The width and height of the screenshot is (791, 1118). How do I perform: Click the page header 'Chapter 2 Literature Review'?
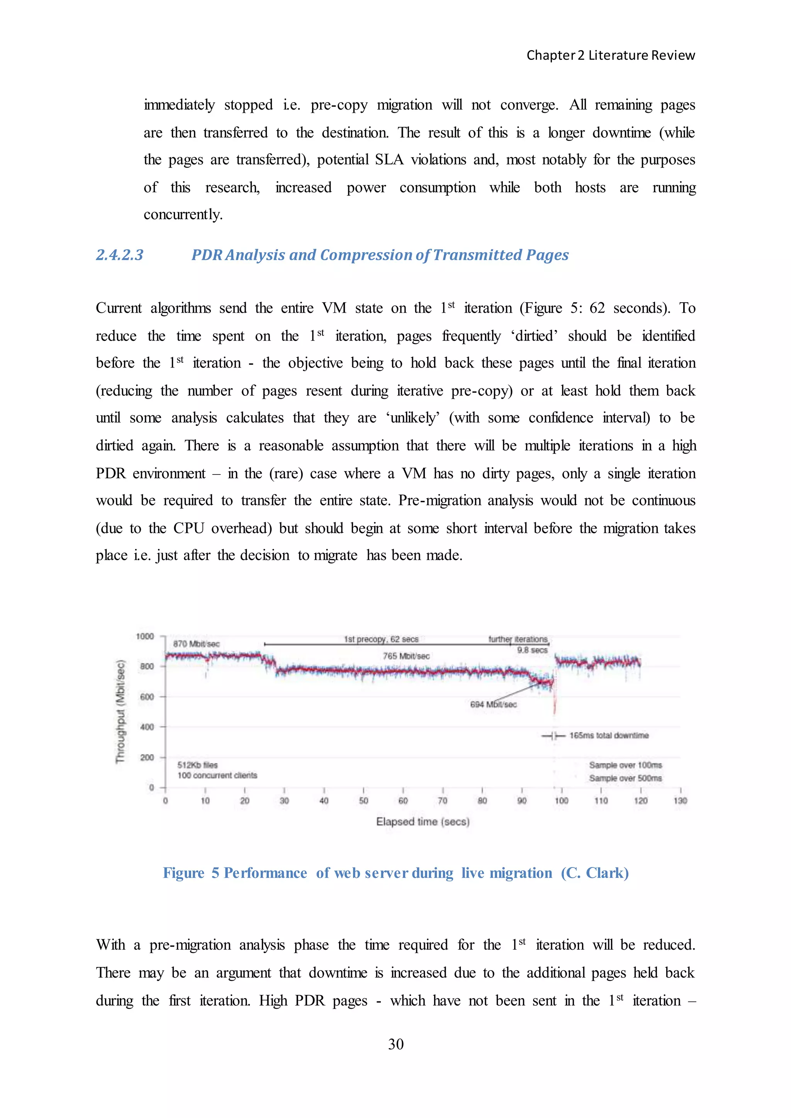pyautogui.click(x=610, y=56)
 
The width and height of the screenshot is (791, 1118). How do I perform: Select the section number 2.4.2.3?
pyautogui.click(x=120, y=255)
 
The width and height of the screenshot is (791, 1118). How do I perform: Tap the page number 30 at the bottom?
pyautogui.click(x=395, y=1043)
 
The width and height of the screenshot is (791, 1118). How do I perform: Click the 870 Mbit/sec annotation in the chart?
pyautogui.click(x=196, y=644)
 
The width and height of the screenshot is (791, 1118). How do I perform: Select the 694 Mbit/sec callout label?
pyautogui.click(x=493, y=704)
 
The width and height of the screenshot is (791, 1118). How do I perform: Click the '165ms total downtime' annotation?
pyautogui.click(x=609, y=735)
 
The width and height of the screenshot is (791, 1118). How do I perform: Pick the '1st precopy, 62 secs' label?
pyautogui.click(x=381, y=639)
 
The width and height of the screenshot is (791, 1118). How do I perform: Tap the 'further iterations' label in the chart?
pyautogui.click(x=518, y=639)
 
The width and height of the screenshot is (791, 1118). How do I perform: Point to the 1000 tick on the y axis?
pyautogui.click(x=145, y=637)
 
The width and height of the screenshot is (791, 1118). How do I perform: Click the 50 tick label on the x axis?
pyautogui.click(x=363, y=801)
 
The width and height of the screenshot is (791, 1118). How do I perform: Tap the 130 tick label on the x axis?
pyautogui.click(x=680, y=801)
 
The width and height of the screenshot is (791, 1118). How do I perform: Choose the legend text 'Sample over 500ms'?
pyautogui.click(x=625, y=778)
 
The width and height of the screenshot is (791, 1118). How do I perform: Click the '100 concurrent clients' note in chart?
pyautogui.click(x=217, y=775)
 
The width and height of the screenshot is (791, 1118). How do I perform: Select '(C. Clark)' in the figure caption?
pyautogui.click(x=595, y=872)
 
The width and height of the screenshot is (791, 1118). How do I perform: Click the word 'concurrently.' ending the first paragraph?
pyautogui.click(x=183, y=214)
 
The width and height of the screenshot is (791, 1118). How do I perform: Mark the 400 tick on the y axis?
pyautogui.click(x=147, y=727)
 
